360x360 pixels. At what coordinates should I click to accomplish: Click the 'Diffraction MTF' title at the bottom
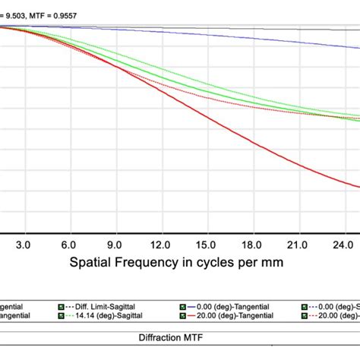(180, 336)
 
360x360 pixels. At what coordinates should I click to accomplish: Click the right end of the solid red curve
(358, 185)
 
